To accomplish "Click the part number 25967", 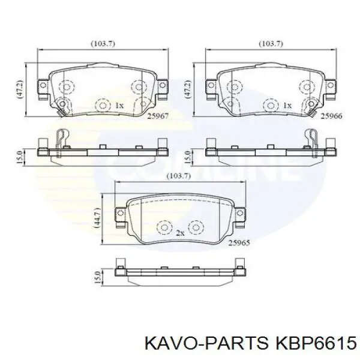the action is (158, 116).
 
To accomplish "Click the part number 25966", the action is (332, 116).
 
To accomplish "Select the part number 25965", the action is (239, 242).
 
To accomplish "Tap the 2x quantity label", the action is (180, 233).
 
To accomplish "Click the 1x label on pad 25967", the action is (119, 106).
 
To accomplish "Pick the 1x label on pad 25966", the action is (287, 106).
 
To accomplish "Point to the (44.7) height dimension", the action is (97, 218).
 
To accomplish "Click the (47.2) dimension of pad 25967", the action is (20, 89).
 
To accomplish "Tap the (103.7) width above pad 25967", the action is (103, 44).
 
